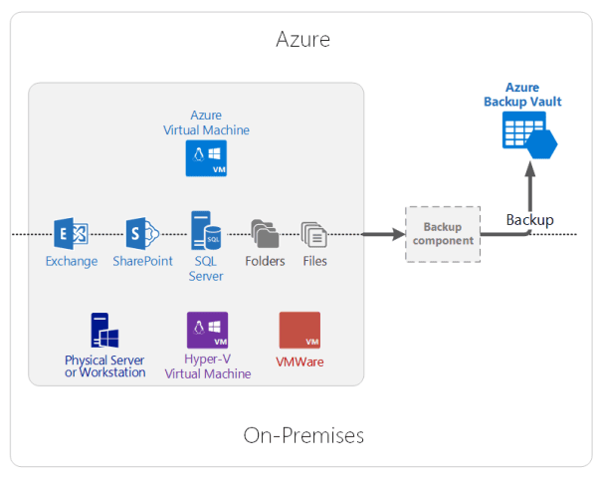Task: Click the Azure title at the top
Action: tap(302, 40)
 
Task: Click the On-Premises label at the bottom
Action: tap(303, 435)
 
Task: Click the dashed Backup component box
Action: tap(443, 234)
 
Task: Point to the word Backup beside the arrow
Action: tap(529, 219)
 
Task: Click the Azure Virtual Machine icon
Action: tap(206, 158)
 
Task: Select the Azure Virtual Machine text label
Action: tap(206, 122)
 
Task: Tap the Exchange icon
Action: tap(71, 233)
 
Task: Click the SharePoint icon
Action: tap(141, 233)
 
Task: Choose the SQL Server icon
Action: tap(206, 230)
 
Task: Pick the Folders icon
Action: tap(265, 233)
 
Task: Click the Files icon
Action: tap(314, 234)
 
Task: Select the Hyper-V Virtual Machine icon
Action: tap(207, 330)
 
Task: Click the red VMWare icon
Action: tap(299, 331)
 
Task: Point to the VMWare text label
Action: tap(299, 362)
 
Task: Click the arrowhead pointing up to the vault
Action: tap(529, 170)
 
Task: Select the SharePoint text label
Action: tap(142, 261)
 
